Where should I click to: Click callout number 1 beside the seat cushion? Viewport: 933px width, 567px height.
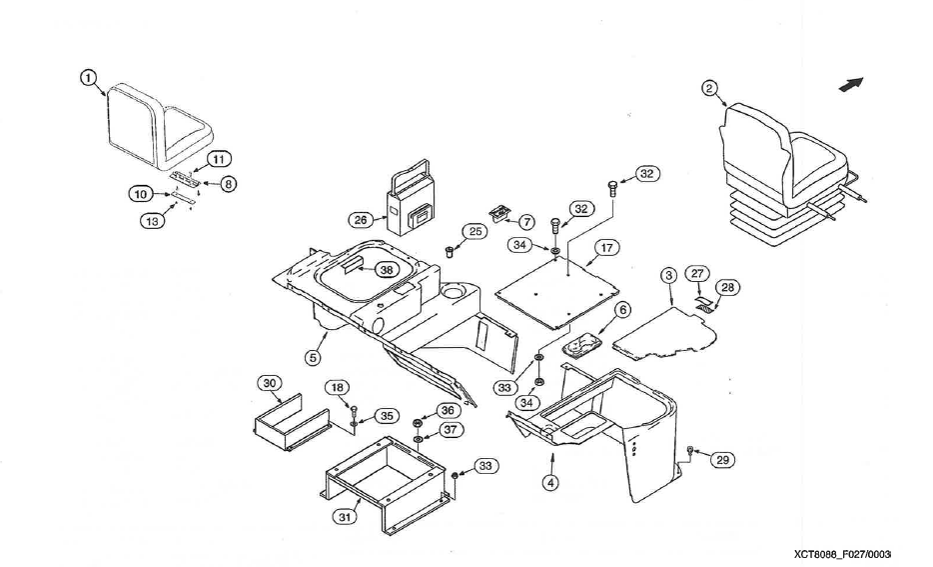pos(88,77)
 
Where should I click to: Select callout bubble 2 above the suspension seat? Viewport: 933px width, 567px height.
pos(709,88)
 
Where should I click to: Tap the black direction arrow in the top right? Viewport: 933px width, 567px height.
pos(850,85)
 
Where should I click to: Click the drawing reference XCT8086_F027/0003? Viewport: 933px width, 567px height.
pos(842,553)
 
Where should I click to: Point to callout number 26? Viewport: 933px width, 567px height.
pos(361,218)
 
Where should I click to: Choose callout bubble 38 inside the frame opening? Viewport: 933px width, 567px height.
pos(387,270)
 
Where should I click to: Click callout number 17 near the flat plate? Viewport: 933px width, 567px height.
pos(605,247)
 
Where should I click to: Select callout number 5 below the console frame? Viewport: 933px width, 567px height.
pos(313,355)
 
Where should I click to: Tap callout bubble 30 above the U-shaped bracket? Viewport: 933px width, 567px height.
pos(270,383)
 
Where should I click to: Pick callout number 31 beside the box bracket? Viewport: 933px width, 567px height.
pos(344,517)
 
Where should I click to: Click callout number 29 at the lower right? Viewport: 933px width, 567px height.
pos(722,459)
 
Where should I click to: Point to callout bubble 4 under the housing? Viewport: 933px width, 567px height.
pos(550,482)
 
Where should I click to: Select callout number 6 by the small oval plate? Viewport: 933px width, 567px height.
pos(622,311)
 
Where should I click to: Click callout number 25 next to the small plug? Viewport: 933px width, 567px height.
pos(474,232)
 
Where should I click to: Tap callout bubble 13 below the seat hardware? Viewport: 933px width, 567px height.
pos(152,220)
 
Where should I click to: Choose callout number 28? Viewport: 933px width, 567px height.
pos(727,288)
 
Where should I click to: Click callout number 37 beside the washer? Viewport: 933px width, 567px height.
pos(451,430)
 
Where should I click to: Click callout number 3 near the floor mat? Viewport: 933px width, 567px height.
pos(669,274)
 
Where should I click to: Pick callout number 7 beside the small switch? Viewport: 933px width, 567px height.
pos(526,220)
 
